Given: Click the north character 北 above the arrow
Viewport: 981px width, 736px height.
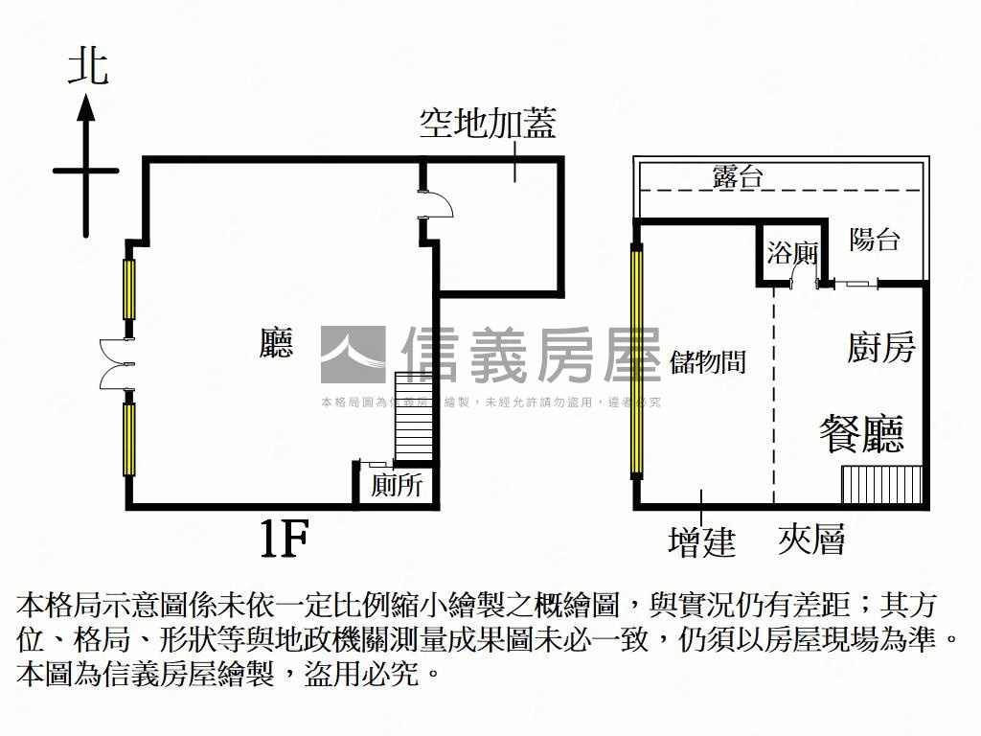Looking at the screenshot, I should click(87, 68).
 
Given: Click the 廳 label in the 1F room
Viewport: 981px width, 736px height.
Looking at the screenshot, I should click(276, 343).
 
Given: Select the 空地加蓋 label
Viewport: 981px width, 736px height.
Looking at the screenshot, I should click(488, 123).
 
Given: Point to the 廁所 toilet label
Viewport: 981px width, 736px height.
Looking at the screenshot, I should click(397, 486).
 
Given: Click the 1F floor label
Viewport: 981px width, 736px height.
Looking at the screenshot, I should click(284, 540).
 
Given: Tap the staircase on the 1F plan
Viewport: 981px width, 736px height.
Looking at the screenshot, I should click(415, 416).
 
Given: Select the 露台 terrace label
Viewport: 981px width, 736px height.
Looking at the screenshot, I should click(738, 176).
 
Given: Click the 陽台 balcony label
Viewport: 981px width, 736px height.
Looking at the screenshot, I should click(875, 240).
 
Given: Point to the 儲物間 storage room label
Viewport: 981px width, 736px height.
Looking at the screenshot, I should click(708, 361).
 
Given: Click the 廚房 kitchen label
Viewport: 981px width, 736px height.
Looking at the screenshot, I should click(881, 347).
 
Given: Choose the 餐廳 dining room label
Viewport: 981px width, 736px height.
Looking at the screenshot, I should click(861, 433).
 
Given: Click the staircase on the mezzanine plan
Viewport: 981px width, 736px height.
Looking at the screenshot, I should click(881, 485).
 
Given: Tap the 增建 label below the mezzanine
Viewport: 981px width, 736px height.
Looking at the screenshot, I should click(701, 541).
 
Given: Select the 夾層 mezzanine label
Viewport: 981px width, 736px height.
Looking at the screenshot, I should click(811, 540).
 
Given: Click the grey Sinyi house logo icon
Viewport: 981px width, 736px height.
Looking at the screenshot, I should click(353, 355).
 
